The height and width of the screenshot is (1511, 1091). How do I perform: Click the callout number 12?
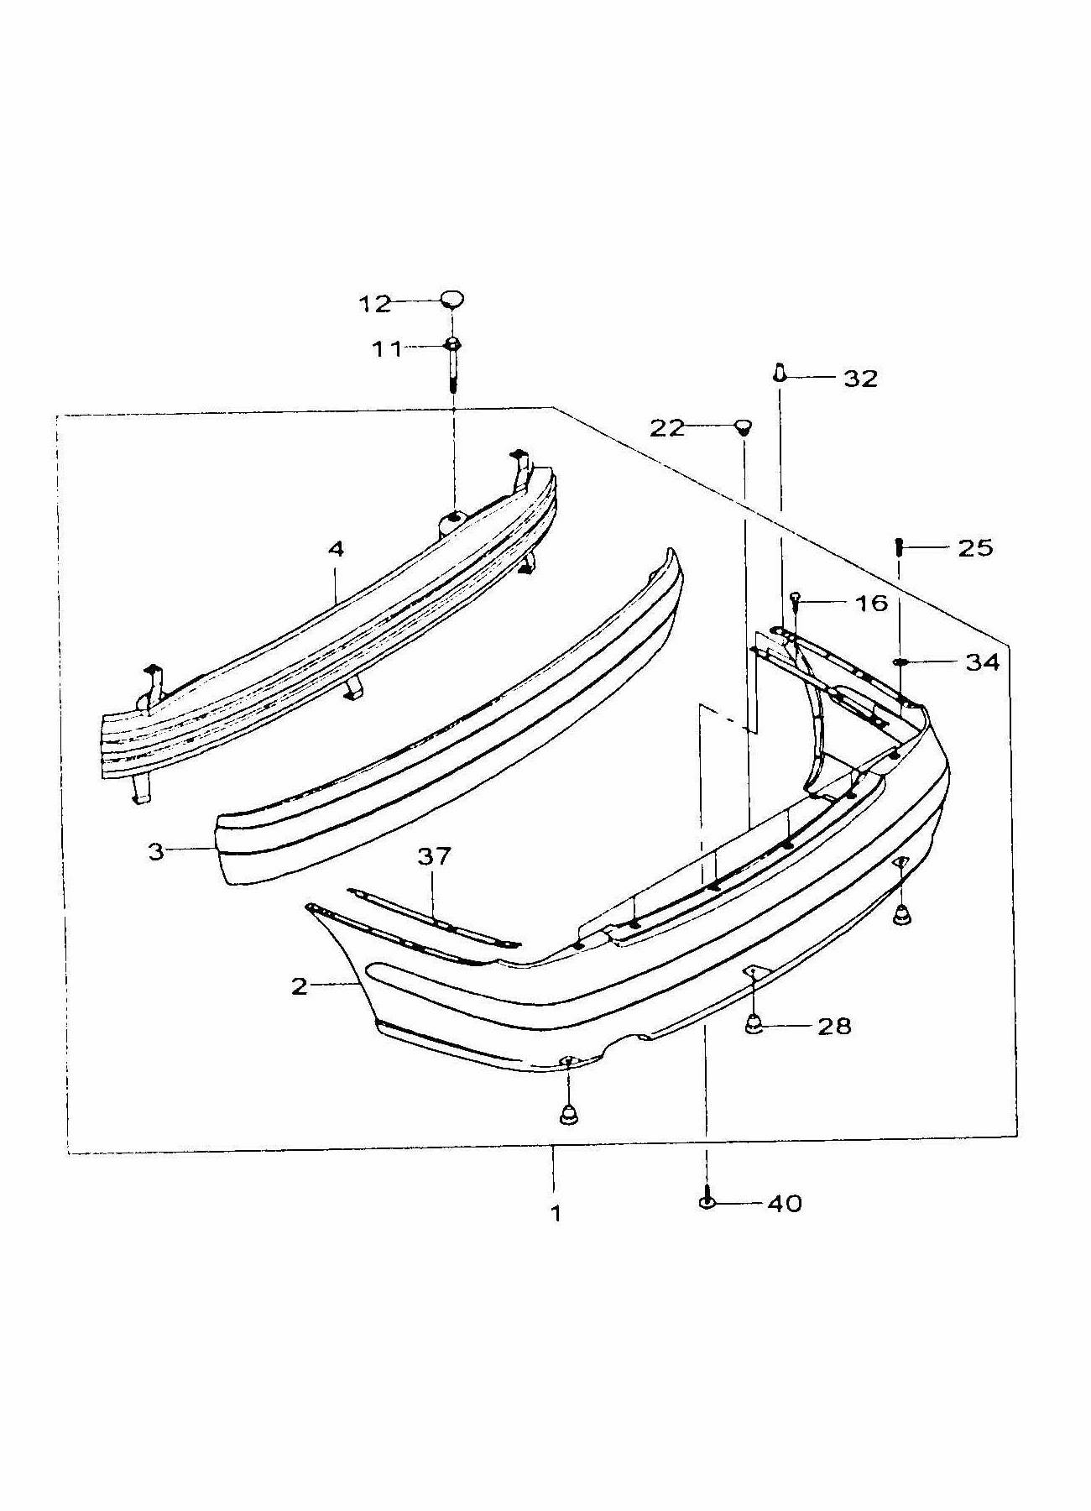coord(375,304)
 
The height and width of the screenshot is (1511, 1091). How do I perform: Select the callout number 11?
coord(388,348)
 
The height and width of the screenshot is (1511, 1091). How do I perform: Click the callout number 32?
coord(860,379)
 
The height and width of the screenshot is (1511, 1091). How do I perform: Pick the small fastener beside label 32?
coord(780,372)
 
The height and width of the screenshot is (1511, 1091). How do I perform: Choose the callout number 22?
coord(667,428)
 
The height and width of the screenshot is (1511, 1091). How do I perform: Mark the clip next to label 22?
coord(742,427)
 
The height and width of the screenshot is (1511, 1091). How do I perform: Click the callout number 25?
coord(975,548)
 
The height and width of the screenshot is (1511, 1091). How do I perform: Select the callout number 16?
coord(870,603)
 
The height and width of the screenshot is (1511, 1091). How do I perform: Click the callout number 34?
coord(982,662)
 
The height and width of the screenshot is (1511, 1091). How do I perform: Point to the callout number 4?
coord(336,549)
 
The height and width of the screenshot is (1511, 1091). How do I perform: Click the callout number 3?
coord(155,851)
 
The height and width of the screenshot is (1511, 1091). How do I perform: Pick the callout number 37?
coord(435,856)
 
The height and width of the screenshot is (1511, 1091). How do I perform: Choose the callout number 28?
coord(834,1026)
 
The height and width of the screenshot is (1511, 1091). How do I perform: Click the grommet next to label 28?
coord(754,1024)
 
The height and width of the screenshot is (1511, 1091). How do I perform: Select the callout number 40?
coord(784,1204)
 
